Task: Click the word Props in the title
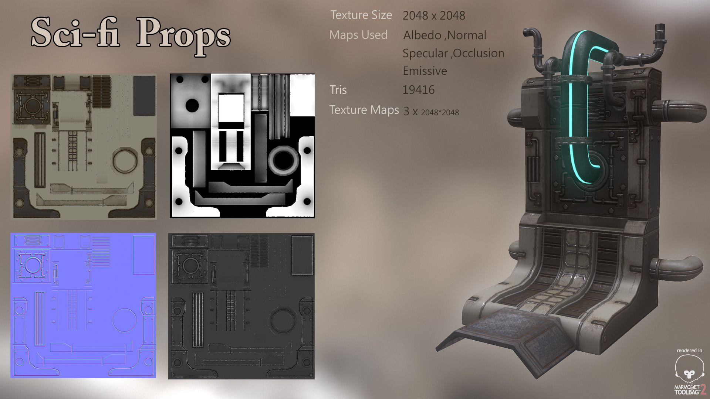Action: tap(183, 34)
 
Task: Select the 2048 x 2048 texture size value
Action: tap(434, 16)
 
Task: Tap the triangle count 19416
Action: tap(418, 90)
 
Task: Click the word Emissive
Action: tap(425, 71)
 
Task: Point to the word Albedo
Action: tap(422, 35)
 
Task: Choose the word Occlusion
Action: tap(479, 53)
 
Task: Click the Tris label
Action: tap(338, 90)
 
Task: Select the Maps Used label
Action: tap(358, 35)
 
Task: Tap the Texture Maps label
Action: tap(364, 110)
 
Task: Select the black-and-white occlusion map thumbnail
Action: tap(242, 146)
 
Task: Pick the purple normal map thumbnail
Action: tap(83, 306)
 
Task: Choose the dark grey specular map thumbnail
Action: tap(241, 306)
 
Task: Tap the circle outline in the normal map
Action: tap(125, 320)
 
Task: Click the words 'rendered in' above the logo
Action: tap(689, 350)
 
